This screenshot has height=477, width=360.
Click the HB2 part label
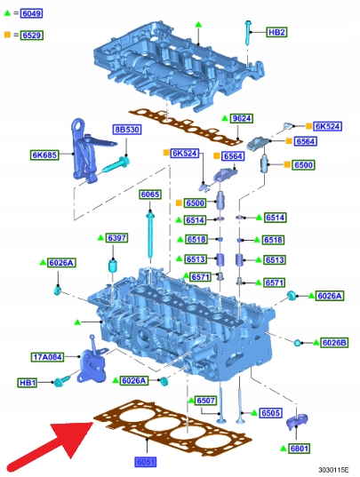(x=276, y=32)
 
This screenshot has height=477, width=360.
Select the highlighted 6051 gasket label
(x=146, y=462)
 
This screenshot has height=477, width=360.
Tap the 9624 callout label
(x=242, y=118)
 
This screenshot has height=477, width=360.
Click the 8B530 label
(x=127, y=130)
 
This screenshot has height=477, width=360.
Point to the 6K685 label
(x=44, y=155)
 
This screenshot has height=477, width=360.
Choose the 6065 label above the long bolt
(x=150, y=195)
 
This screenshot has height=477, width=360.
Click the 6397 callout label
(x=116, y=238)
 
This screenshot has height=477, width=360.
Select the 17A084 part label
(x=48, y=357)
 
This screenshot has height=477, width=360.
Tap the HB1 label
(x=28, y=382)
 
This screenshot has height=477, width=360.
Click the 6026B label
(x=334, y=343)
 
